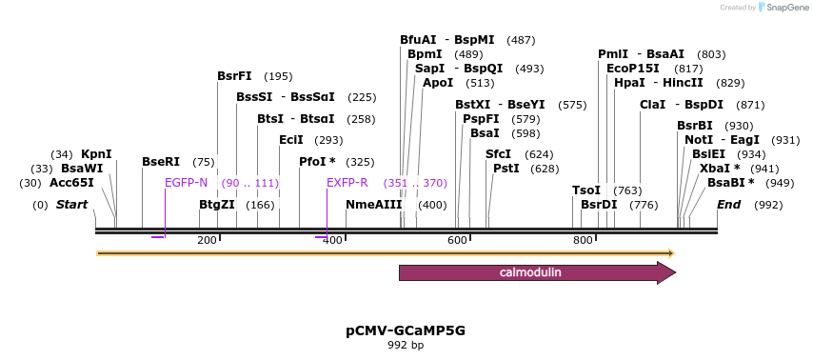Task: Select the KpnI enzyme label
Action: click(x=96, y=154)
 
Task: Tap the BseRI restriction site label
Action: click(x=160, y=162)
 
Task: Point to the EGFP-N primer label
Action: click(x=186, y=183)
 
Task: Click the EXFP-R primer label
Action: click(x=347, y=183)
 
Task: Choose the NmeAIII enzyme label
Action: click(x=374, y=205)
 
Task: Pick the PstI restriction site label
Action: click(x=506, y=169)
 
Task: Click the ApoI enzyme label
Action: click(x=438, y=83)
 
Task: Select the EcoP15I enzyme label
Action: click(x=633, y=69)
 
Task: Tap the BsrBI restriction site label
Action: click(x=695, y=126)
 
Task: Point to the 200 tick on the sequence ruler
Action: click(x=207, y=240)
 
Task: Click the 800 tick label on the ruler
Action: click(x=583, y=240)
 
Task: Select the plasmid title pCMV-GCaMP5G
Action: click(x=406, y=330)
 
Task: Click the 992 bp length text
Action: click(x=406, y=345)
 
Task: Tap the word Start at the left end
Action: click(x=72, y=205)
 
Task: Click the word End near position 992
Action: click(x=728, y=205)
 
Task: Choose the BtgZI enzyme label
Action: click(x=217, y=205)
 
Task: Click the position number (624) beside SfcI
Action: click(x=539, y=154)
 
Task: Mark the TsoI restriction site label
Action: click(x=586, y=190)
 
